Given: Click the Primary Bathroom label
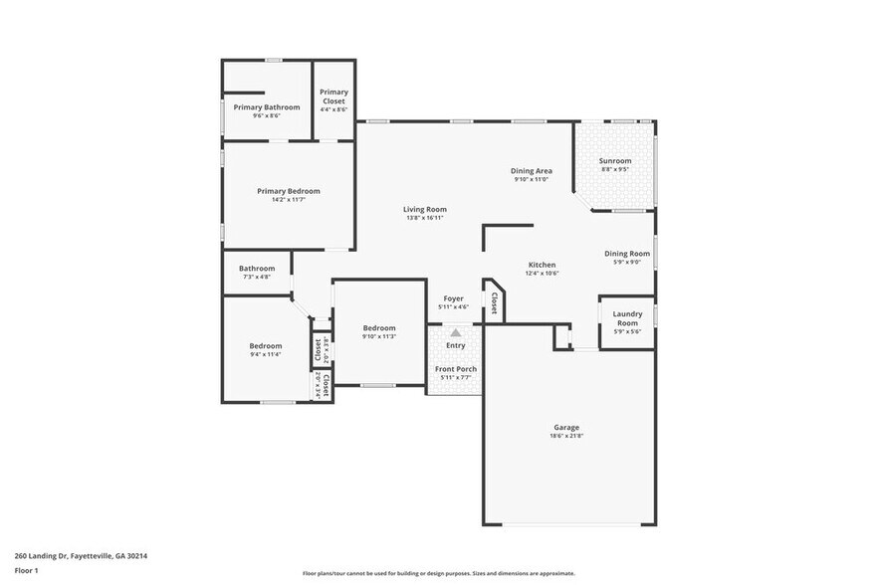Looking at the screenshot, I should click(266, 107).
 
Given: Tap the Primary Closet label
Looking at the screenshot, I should click(333, 97).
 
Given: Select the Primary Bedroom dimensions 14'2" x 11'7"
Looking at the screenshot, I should click(288, 200).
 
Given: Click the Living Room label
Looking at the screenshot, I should click(424, 210).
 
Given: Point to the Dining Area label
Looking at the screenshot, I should click(532, 171).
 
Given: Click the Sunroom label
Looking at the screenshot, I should click(614, 161).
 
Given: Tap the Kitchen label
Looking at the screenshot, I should click(542, 265).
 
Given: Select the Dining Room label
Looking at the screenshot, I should click(626, 254).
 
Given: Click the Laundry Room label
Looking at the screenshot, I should click(626, 318).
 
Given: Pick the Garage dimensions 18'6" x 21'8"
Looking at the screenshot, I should click(566, 436).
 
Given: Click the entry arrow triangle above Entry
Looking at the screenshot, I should click(456, 333).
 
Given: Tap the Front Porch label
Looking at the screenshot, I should click(456, 369).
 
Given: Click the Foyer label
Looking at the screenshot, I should click(453, 298).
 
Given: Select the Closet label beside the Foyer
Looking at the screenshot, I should click(494, 302).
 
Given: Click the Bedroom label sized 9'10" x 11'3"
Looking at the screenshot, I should click(379, 328).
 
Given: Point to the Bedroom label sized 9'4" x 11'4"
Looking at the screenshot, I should click(265, 346).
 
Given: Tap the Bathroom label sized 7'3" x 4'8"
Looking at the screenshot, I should click(257, 268).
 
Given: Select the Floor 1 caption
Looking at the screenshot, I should click(26, 570).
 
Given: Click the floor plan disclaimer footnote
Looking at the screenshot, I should click(438, 574).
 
